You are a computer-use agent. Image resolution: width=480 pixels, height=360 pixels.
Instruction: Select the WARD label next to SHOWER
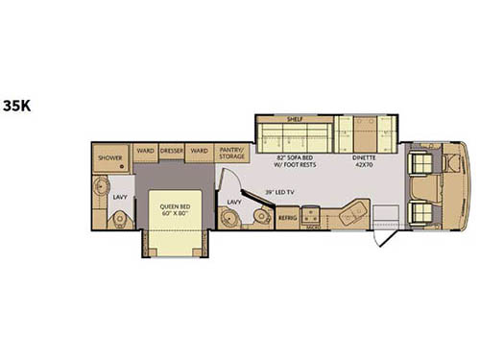coord(145,151)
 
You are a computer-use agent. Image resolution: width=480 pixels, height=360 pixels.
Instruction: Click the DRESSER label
coord(172,151)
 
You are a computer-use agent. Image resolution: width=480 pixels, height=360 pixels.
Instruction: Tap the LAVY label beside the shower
coord(120,197)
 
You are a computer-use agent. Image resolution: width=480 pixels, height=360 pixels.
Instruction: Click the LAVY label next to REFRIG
coord(233,202)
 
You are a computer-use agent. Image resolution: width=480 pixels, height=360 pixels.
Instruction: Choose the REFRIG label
coord(287,219)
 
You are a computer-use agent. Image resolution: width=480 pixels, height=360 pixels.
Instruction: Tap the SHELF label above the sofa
coord(295,119)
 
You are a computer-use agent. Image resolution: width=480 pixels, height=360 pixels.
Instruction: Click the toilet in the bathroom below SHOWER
coord(119,220)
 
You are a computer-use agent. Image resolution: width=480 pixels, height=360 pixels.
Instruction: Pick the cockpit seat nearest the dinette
coord(421,170)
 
